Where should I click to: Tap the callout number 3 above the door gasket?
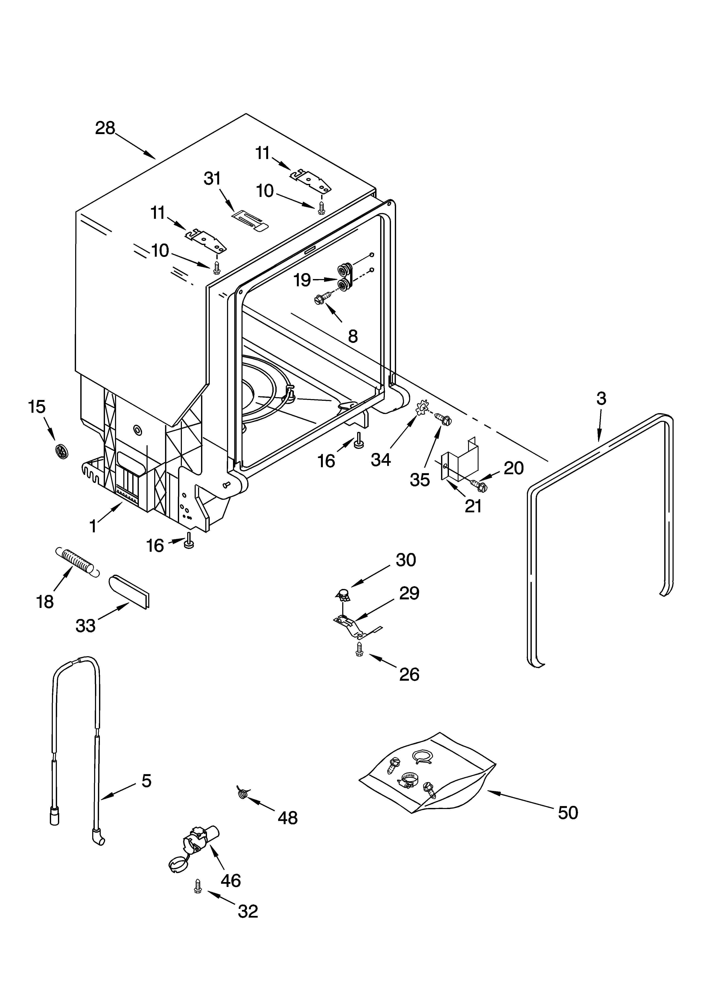[x=601, y=398]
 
